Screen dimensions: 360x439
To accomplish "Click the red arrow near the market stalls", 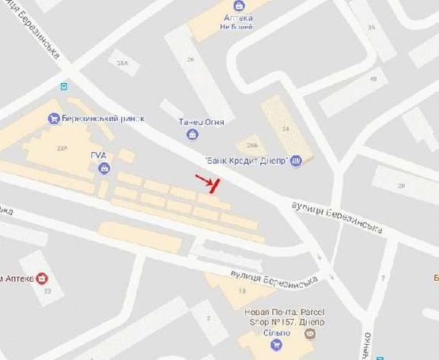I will [x=207, y=183].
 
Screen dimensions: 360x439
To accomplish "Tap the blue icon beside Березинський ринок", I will [x=53, y=119].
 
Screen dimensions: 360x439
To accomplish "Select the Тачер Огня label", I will [x=202, y=122].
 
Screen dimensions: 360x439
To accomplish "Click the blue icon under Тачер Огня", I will [x=192, y=135].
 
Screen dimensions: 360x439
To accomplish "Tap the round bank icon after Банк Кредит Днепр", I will [x=297, y=161].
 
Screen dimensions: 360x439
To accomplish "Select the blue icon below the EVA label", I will [x=103, y=169].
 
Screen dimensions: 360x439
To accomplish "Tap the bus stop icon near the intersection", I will [x=64, y=86].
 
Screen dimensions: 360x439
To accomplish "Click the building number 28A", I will [x=122, y=63].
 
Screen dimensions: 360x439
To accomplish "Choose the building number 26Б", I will [x=252, y=145].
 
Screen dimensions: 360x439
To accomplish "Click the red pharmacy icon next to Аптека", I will [x=42, y=279].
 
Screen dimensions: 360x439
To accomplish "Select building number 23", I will [x=47, y=291].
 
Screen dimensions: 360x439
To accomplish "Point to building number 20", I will [x=401, y=184].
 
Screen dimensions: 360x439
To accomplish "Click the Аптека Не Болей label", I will [x=238, y=21].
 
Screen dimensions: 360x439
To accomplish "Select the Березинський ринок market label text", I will [x=106, y=119].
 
